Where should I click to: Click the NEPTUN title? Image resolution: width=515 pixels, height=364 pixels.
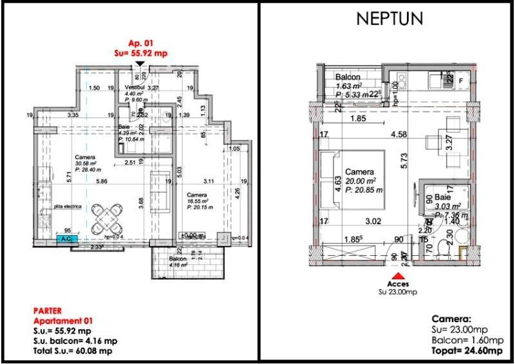[389, 19]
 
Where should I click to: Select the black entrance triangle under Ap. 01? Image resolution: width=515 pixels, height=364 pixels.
[140, 64]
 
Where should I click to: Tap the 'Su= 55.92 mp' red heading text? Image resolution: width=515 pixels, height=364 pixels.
[140, 54]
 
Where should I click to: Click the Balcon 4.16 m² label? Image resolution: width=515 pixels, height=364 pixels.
[178, 260]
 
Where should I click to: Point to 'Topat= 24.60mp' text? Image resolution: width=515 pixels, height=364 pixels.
[467, 350]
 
